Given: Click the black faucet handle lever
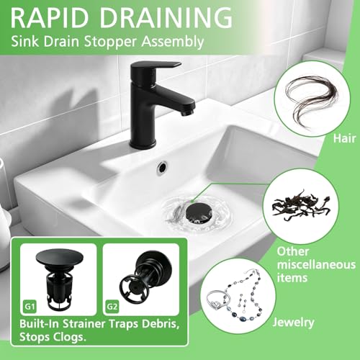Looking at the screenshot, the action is [x=157, y=66].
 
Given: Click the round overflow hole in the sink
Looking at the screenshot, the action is [x=163, y=166].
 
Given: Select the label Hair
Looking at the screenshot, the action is [x=344, y=139].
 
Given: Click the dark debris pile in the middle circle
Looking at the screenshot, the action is [x=300, y=205].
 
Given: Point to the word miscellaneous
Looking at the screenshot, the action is [x=316, y=265].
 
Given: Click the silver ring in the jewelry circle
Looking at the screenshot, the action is [x=217, y=300].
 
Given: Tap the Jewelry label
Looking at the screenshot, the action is [x=293, y=323].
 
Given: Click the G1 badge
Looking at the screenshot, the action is [x=30, y=307].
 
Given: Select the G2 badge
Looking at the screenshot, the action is [x=112, y=307].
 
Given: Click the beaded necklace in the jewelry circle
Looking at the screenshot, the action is [x=245, y=297].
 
